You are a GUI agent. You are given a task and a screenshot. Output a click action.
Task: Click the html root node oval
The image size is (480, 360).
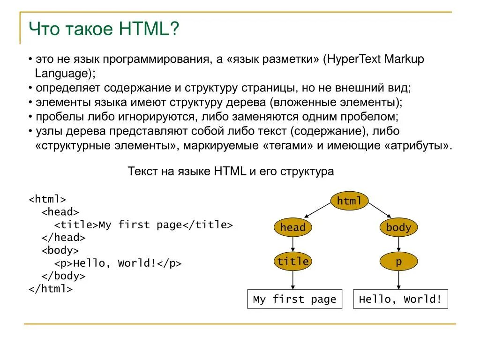(x=350, y=201)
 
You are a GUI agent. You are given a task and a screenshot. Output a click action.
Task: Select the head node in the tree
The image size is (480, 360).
(x=293, y=228)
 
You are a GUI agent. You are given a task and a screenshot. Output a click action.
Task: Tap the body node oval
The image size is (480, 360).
(x=398, y=228)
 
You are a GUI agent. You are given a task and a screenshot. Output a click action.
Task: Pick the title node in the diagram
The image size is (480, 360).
(x=293, y=262)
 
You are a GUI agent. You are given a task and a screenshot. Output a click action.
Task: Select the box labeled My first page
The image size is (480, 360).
(x=294, y=299)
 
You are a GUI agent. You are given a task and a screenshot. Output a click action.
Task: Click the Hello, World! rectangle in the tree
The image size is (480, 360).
(x=400, y=299)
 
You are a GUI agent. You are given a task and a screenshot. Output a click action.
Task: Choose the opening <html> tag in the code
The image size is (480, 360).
(x=47, y=199)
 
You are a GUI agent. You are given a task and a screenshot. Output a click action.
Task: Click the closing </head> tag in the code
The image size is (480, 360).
(x=63, y=238)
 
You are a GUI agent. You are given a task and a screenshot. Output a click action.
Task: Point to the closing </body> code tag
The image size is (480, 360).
(x=63, y=276)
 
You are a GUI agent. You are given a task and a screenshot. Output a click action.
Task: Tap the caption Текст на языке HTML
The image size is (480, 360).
(x=187, y=171)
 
